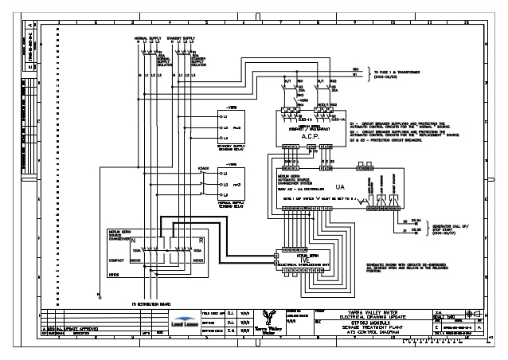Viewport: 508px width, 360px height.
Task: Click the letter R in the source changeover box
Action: coord(202,240)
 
